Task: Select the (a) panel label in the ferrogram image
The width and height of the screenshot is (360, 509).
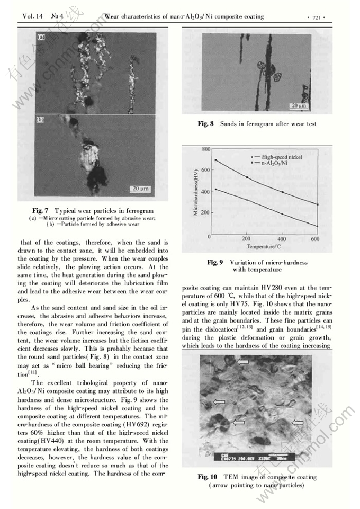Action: tap(41, 38)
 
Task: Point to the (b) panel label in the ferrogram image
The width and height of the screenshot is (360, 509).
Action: tap(40, 120)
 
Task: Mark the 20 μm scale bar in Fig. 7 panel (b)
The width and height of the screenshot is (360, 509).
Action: tap(141, 189)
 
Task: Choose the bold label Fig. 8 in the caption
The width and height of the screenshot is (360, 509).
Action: tap(205, 124)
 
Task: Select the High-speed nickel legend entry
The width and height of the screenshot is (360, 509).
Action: tap(284, 157)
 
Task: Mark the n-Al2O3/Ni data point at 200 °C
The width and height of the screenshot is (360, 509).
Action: tap(247, 177)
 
